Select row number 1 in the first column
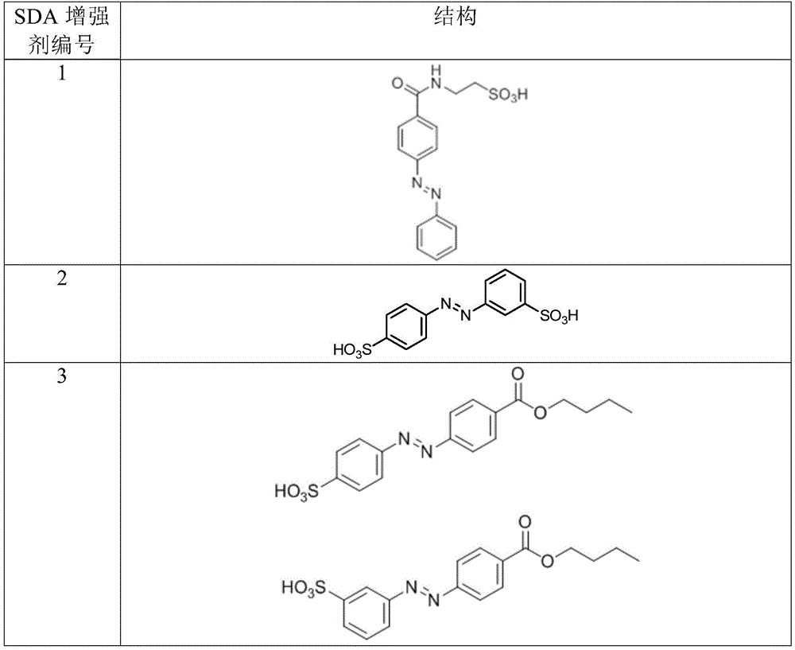(62, 74)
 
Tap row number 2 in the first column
(61, 278)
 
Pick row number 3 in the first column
(61, 376)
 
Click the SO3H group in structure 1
(507, 95)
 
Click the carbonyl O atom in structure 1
(398, 83)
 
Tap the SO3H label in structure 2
(559, 316)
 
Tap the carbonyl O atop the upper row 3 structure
(518, 375)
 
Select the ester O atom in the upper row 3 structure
(541, 413)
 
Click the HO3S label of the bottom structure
(304, 588)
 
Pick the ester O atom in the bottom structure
(547, 561)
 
